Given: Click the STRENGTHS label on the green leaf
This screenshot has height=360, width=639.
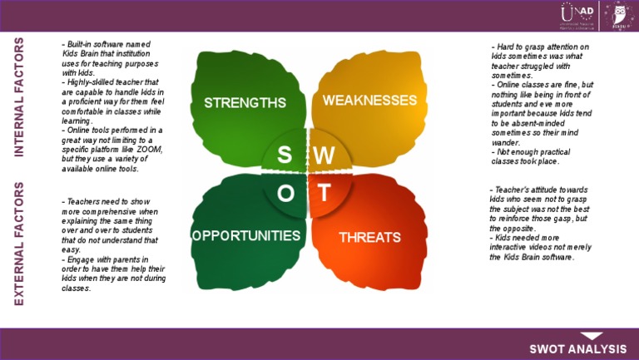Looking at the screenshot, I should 245,103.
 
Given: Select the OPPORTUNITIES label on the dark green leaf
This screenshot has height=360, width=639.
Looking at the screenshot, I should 246,235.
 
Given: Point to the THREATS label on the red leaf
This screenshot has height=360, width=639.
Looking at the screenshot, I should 369,237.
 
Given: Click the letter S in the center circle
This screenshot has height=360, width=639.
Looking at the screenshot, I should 285,155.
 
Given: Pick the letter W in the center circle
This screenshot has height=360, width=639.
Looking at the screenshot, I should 324,155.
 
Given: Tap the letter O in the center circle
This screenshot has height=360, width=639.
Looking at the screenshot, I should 285,194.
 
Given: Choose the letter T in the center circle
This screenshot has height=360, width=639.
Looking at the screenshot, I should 324,193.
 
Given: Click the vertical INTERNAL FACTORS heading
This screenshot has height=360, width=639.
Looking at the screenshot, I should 19,97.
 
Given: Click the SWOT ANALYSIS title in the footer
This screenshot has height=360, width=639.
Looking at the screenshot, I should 579,348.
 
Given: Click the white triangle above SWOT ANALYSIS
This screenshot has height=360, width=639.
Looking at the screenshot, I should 591,334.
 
